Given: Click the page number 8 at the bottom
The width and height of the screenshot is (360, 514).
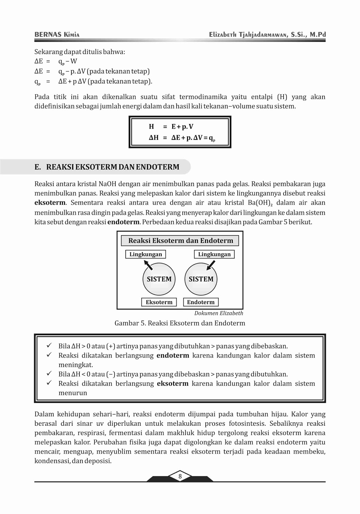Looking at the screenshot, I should (x=180, y=476).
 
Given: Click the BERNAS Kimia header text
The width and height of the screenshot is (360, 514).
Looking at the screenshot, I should (x=57, y=35).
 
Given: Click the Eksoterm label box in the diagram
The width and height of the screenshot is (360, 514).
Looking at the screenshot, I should (x=159, y=302).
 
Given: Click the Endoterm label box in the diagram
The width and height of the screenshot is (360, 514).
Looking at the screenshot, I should (x=201, y=302).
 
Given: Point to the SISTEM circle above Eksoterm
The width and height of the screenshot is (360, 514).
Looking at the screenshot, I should (x=159, y=279).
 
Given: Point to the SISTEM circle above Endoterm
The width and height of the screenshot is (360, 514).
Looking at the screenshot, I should (x=201, y=279).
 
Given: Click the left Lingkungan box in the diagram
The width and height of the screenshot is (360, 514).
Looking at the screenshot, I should (x=146, y=254).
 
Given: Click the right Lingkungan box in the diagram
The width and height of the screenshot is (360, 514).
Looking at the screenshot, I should (x=214, y=254).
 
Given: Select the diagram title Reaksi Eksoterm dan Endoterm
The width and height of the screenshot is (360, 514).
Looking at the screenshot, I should (x=180, y=241).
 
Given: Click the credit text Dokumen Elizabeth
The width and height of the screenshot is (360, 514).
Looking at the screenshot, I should (x=219, y=313).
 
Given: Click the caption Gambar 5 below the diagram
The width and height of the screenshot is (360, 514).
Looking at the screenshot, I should (x=180, y=323).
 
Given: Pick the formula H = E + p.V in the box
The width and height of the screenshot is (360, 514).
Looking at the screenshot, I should (x=171, y=127).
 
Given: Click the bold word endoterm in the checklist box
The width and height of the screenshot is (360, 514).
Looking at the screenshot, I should (x=173, y=356).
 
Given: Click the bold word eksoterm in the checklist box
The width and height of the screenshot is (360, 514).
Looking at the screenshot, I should (x=173, y=384).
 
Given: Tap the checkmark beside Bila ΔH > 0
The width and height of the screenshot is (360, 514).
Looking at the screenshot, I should (x=49, y=346).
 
